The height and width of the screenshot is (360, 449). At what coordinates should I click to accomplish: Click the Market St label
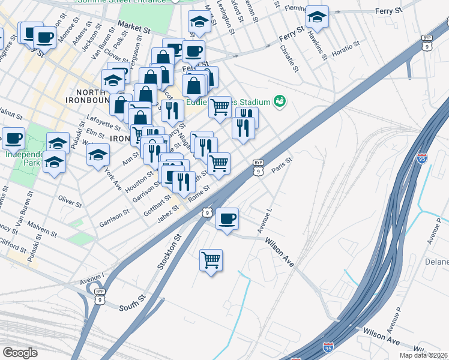coord(134,27)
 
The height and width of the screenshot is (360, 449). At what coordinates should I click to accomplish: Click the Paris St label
coord(281,164)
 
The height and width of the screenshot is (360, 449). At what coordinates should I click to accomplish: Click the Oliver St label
coord(69,200)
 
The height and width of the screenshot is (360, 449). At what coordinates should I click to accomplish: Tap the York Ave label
coord(112,178)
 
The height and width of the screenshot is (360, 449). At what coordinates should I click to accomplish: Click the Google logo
coord(20,353)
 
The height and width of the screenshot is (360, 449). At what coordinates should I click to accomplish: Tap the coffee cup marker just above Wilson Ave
coord(227,219)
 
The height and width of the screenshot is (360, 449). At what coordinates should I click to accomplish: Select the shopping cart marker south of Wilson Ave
coord(211,260)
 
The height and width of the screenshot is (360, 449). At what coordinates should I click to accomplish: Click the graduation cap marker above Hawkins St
coord(316,17)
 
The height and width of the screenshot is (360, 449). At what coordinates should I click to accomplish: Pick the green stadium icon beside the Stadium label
coord(279,101)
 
